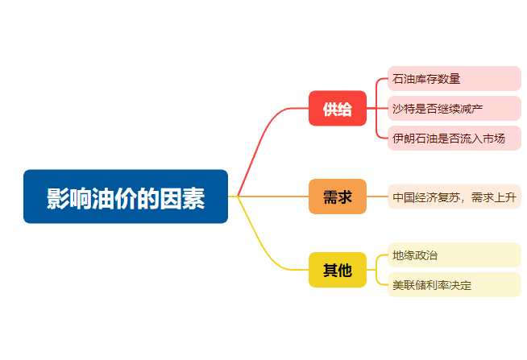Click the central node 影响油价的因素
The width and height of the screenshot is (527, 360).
126,197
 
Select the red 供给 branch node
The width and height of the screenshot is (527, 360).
338,109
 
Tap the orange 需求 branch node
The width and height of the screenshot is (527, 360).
338,197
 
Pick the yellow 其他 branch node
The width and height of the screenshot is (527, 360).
338,270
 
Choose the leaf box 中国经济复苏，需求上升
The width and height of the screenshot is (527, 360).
454,197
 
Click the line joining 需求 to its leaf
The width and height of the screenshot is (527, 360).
377,197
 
